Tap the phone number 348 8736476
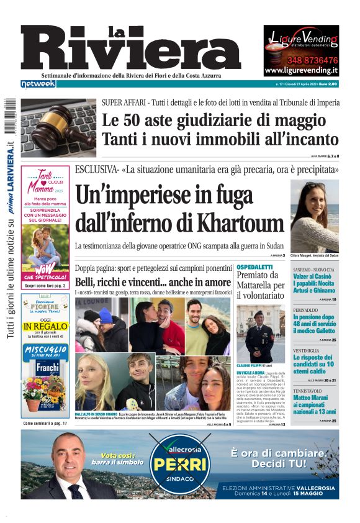coord(301,60)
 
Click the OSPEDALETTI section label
coord(254,267)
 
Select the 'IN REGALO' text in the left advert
coord(47,325)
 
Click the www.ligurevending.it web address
coord(301,71)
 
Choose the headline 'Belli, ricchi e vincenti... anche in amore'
coord(153,281)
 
